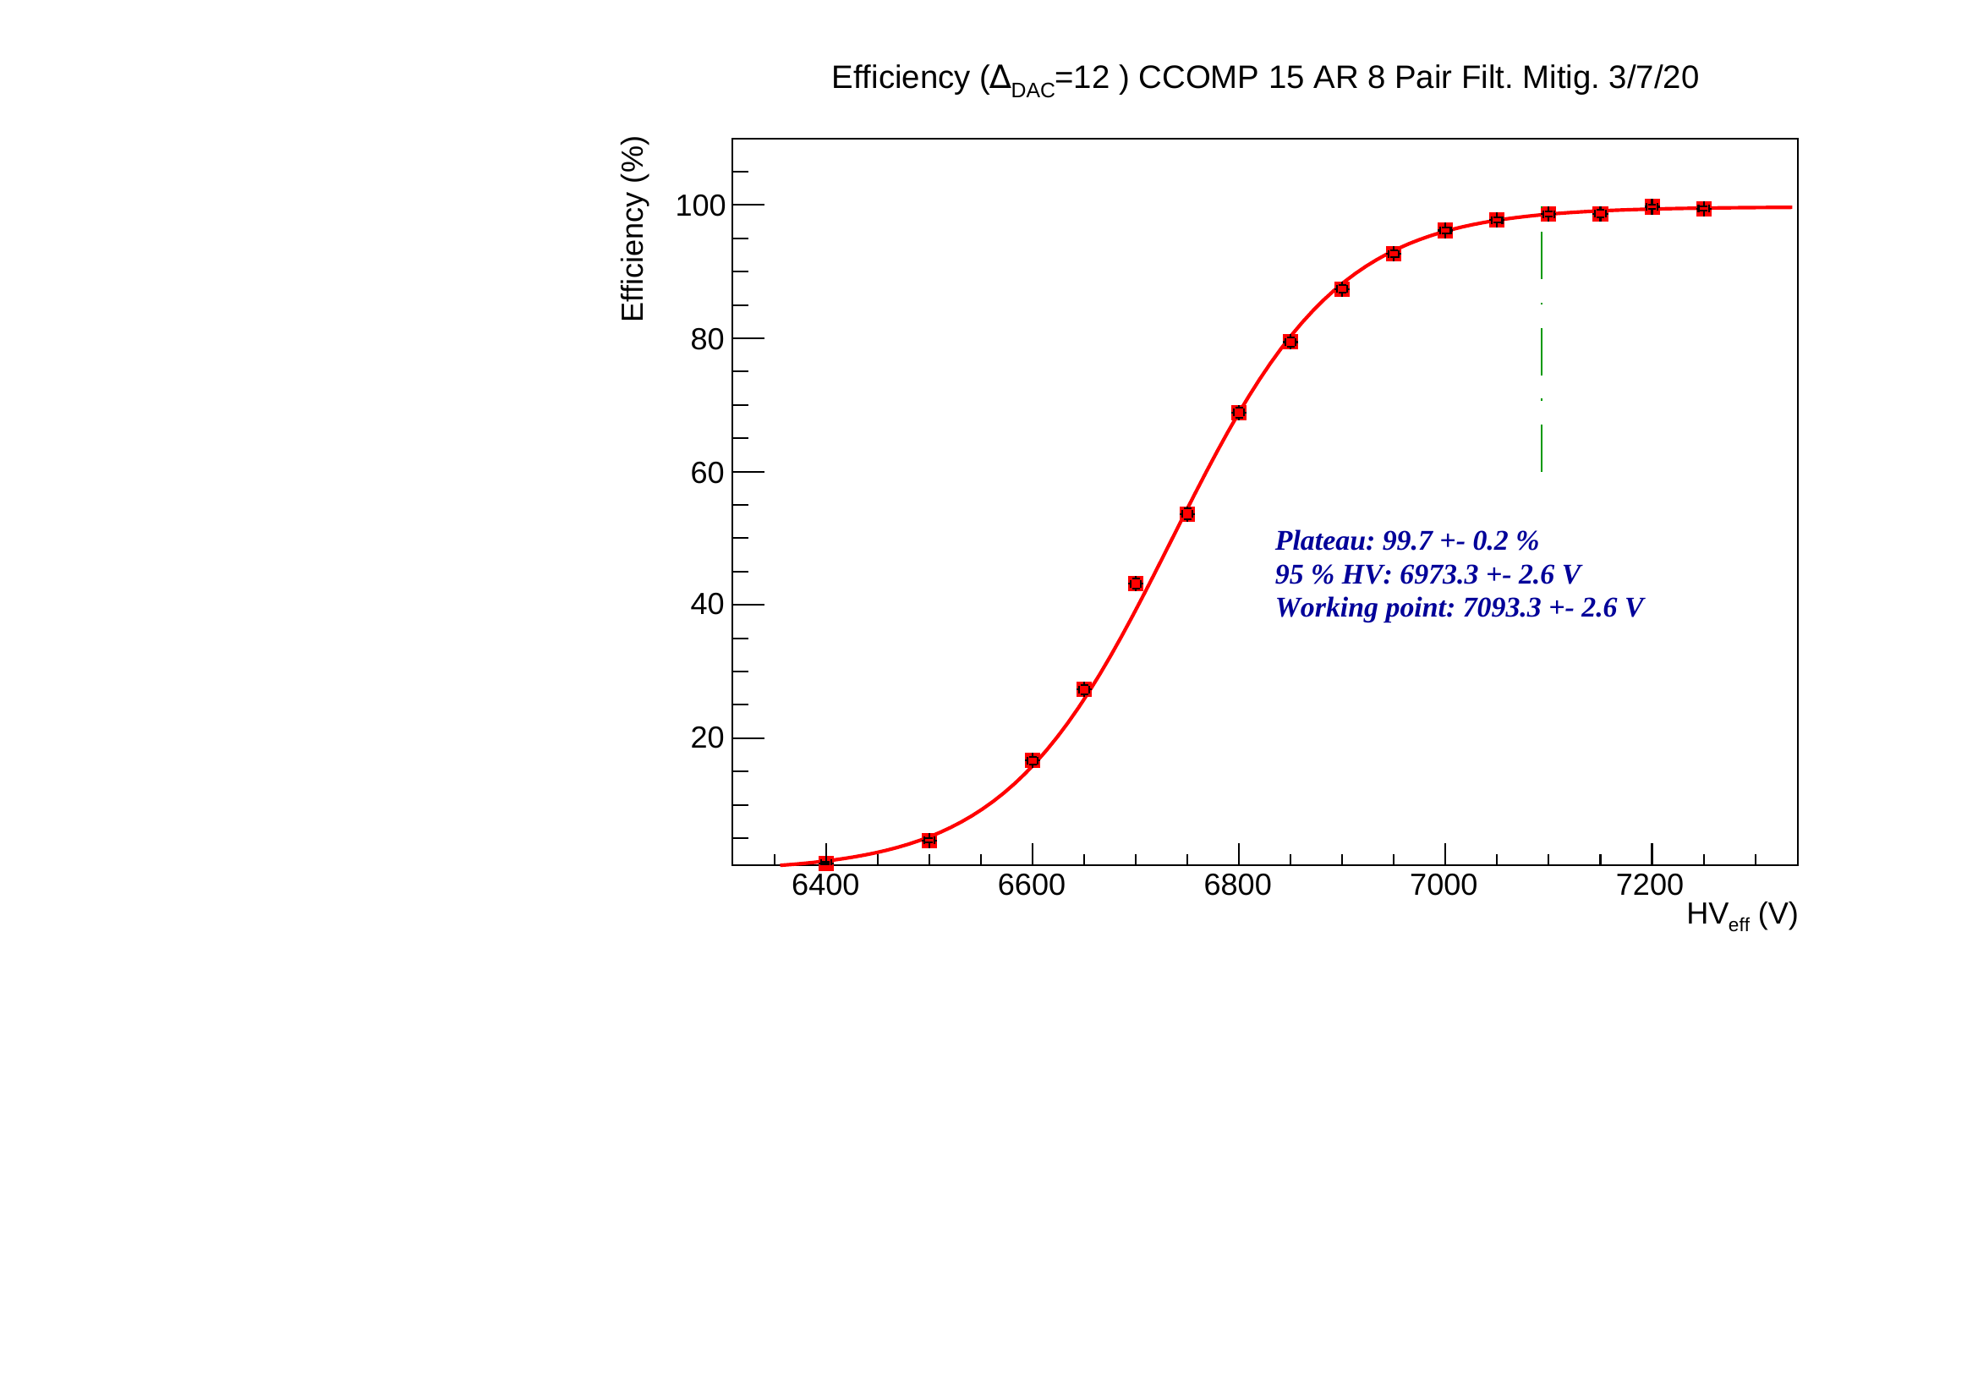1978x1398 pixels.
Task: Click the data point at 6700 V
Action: pos(1136,584)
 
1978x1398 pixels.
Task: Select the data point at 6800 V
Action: pos(1239,414)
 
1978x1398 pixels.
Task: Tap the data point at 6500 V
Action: pos(929,841)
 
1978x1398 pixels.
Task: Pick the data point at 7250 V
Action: pos(1703,209)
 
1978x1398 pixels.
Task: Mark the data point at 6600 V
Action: pos(1032,760)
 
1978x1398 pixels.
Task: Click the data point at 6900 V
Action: pos(1341,289)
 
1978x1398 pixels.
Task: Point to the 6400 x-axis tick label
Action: pos(825,885)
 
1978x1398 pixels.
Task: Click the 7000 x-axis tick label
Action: pos(1444,885)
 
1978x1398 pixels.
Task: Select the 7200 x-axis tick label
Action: pos(1650,885)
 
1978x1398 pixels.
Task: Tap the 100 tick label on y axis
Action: pos(700,206)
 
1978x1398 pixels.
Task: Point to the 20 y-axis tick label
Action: pos(707,738)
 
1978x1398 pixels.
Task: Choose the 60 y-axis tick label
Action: pos(707,473)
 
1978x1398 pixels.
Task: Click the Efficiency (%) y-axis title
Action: pos(633,229)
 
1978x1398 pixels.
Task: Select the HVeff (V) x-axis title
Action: pos(1741,915)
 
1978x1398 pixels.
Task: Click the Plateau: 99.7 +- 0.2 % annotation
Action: pos(1407,541)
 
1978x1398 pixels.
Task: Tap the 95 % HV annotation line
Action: pos(1427,574)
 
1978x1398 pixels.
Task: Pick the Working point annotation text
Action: pos(1460,608)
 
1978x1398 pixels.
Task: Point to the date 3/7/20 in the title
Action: pos(1653,79)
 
